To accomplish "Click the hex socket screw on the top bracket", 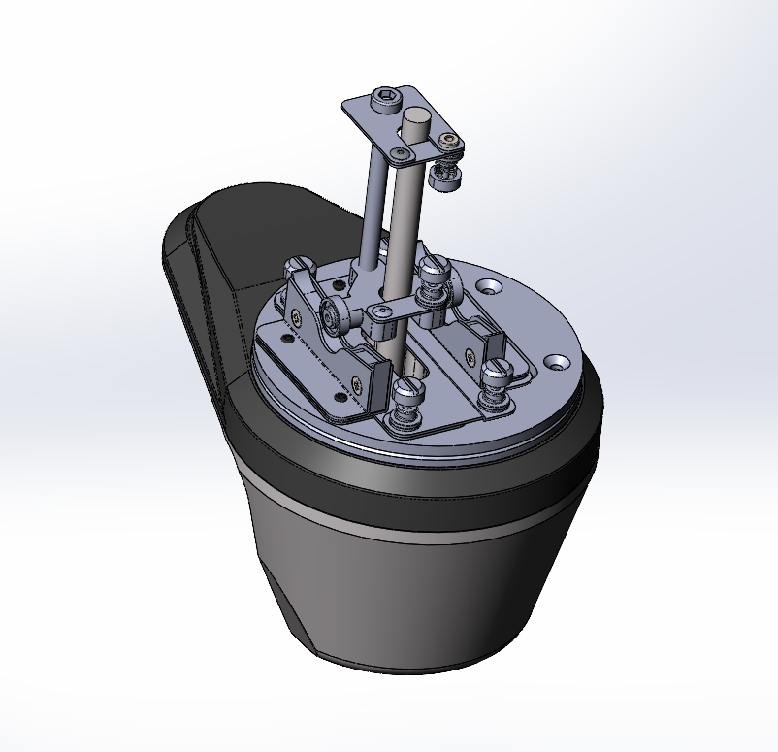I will tap(386, 100).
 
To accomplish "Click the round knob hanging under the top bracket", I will tap(447, 176).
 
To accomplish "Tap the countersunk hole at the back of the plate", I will tap(487, 286).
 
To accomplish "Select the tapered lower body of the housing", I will tap(407, 602).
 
